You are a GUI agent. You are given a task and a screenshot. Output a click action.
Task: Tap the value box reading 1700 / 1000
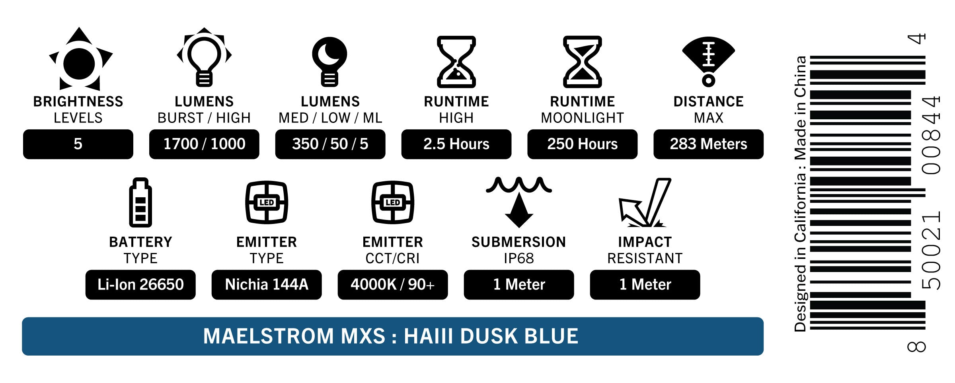(x=204, y=144)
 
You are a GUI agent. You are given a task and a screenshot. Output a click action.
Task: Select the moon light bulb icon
(x=329, y=62)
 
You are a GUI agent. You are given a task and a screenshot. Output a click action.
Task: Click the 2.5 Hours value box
(x=456, y=144)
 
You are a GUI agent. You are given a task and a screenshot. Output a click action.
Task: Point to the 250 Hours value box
(x=582, y=144)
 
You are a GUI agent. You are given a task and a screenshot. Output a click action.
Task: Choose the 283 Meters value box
(x=708, y=144)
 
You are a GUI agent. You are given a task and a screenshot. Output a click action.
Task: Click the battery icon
(x=140, y=203)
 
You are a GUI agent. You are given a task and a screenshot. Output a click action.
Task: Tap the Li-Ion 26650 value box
(x=140, y=285)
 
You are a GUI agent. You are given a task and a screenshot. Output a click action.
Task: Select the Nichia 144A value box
(x=267, y=285)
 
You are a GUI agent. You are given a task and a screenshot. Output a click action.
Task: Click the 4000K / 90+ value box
(x=393, y=285)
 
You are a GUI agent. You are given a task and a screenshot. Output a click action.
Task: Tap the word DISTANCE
(x=708, y=102)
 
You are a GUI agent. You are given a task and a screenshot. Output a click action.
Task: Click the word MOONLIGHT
(x=582, y=118)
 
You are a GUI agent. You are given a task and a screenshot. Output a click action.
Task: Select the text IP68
(x=518, y=259)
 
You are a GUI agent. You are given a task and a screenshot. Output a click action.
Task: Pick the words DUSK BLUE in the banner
(x=519, y=336)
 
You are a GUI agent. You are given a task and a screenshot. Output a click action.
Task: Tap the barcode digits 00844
(x=931, y=135)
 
